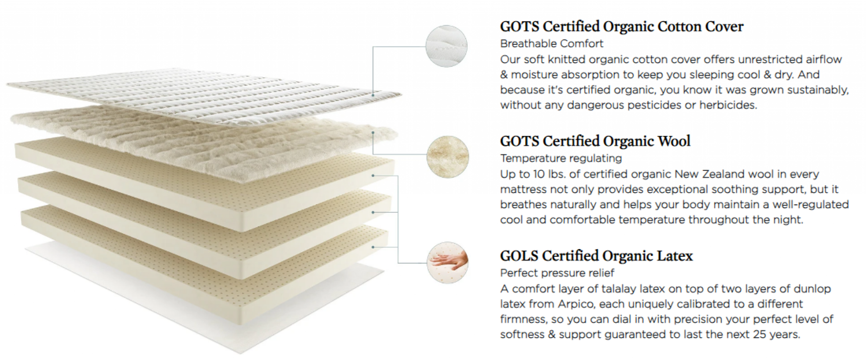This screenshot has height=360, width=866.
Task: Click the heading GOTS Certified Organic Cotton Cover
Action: tap(622, 27)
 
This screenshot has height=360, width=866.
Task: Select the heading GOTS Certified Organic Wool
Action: tap(595, 141)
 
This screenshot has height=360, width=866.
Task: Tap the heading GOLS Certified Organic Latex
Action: tap(596, 256)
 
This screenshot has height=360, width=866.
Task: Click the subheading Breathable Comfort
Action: tap(551, 44)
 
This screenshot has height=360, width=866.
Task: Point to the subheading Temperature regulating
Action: tap(561, 158)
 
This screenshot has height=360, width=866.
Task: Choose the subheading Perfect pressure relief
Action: tap(557, 273)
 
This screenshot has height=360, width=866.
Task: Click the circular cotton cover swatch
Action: tap(447, 46)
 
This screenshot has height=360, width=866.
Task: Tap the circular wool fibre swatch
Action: tap(448, 157)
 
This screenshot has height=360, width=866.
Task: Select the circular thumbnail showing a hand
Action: tap(448, 262)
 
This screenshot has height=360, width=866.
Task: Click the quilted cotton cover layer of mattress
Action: tap(203, 95)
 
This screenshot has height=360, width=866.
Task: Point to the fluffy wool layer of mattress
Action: tap(203, 140)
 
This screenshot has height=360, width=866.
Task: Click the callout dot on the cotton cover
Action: tap(373, 95)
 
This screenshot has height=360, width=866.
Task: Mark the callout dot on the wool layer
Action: tap(373, 132)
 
